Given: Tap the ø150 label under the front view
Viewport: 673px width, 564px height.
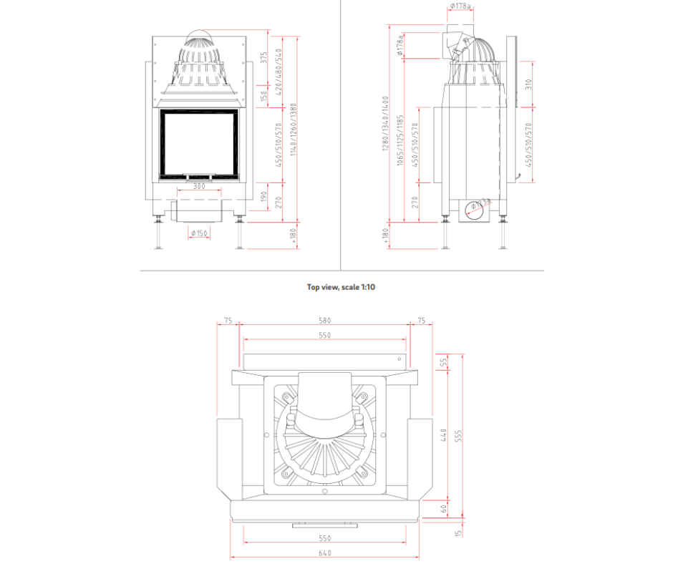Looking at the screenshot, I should click(198, 233).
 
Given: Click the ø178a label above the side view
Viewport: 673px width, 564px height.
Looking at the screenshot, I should click(461, 6).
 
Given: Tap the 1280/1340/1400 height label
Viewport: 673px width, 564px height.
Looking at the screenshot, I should click(386, 123).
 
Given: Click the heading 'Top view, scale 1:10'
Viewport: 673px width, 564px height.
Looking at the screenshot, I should click(341, 287).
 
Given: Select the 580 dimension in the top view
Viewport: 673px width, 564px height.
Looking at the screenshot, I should click(326, 321).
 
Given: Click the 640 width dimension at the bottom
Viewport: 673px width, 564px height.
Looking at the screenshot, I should click(325, 553).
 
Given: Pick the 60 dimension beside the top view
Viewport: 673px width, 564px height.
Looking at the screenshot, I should click(445, 509).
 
